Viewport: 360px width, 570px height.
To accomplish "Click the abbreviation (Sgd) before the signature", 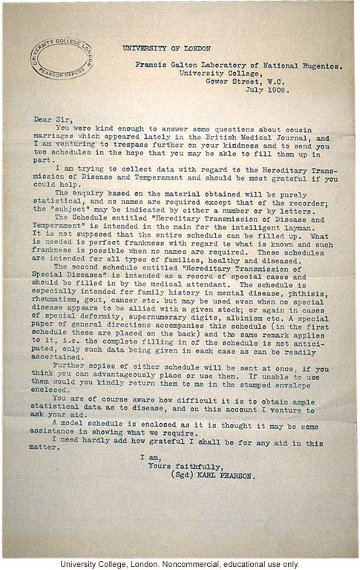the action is pos(183,476).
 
